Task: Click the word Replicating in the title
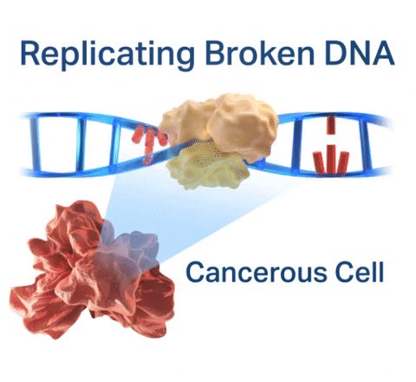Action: (x=107, y=55)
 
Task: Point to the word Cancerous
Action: (x=256, y=272)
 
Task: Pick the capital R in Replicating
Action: (x=30, y=54)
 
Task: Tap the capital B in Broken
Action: (x=216, y=54)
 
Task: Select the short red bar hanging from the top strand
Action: (x=331, y=125)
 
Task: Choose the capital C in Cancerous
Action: (x=197, y=272)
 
